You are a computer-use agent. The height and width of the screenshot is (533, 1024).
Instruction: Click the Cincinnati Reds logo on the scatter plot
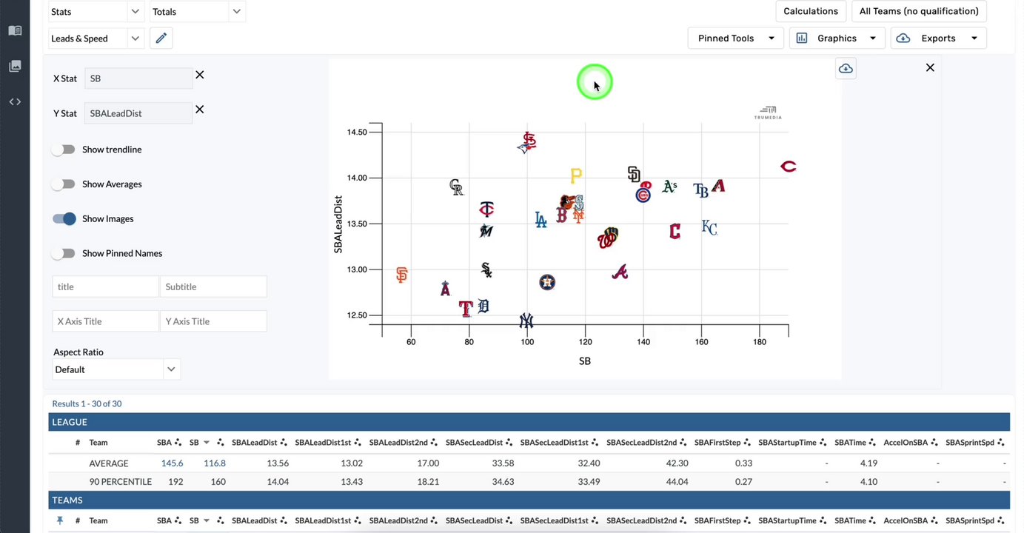click(x=788, y=167)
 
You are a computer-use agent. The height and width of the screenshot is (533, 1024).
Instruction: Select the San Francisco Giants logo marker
click(x=401, y=275)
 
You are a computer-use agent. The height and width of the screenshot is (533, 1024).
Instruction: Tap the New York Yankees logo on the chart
click(x=526, y=321)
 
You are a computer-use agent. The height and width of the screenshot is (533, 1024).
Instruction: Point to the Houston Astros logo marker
click(x=546, y=282)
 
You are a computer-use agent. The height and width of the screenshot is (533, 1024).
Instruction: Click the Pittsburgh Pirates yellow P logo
click(x=575, y=175)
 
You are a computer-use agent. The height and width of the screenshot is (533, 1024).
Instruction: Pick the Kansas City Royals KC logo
click(x=709, y=228)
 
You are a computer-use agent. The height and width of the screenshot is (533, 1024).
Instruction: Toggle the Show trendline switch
click(x=64, y=150)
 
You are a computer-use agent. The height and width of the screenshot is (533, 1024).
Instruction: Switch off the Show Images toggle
click(x=64, y=218)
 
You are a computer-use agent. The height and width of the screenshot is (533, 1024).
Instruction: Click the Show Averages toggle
click(x=64, y=184)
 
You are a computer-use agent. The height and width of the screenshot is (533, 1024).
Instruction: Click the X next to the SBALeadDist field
click(x=199, y=110)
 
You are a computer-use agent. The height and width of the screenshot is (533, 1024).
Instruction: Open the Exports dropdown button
click(x=938, y=38)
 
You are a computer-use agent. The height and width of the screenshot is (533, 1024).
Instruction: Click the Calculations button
click(x=811, y=11)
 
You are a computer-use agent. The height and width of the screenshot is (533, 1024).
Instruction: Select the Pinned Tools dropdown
click(x=735, y=38)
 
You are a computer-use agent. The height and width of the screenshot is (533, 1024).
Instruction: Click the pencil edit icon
click(x=161, y=38)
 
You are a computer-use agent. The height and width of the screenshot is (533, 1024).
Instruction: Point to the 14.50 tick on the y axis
click(x=357, y=133)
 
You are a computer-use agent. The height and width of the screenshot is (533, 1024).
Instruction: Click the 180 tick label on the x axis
click(x=759, y=342)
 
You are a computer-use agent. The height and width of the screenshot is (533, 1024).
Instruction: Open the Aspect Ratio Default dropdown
click(x=116, y=369)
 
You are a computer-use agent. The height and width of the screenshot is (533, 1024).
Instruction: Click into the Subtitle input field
click(x=213, y=286)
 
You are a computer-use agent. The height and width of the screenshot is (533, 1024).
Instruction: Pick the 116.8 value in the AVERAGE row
click(x=215, y=463)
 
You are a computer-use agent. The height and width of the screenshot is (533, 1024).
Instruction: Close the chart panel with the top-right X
click(x=930, y=68)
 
